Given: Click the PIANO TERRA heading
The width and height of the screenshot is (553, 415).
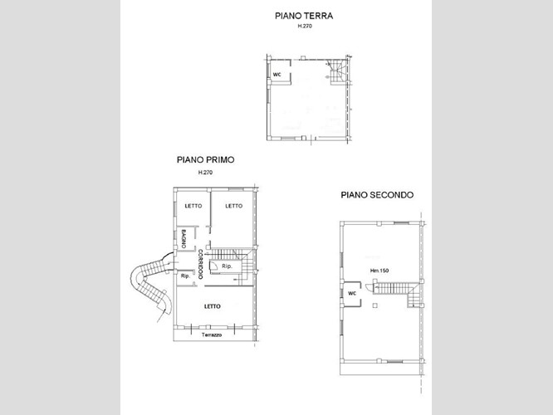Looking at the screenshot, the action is pyautogui.click(x=304, y=16).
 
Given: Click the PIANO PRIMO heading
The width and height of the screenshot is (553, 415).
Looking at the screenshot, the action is pyautogui.click(x=205, y=159).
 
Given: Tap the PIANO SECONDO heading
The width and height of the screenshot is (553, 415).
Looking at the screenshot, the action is pyautogui.click(x=377, y=195).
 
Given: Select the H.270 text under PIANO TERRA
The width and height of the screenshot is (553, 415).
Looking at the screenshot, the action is pyautogui.click(x=305, y=26).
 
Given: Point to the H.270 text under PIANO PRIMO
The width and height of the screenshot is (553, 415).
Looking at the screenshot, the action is pyautogui.click(x=205, y=173).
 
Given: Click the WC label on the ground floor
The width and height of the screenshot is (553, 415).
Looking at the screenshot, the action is pyautogui.click(x=276, y=75).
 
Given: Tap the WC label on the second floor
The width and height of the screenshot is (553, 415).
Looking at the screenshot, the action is pyautogui.click(x=352, y=293).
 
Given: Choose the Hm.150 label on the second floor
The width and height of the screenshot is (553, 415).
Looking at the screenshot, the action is pyautogui.click(x=379, y=271).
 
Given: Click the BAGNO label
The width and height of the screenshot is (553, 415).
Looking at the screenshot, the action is pyautogui.click(x=184, y=238).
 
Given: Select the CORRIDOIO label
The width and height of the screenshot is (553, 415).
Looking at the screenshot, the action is pyautogui.click(x=200, y=264).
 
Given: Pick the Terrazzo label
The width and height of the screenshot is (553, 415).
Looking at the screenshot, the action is pyautogui.click(x=212, y=334).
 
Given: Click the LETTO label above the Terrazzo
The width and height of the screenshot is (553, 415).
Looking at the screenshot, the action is pyautogui.click(x=213, y=306).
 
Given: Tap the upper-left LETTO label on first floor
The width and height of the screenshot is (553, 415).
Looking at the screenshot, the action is pyautogui.click(x=193, y=206).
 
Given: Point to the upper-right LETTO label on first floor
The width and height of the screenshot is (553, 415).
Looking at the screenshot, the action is pyautogui.click(x=234, y=206).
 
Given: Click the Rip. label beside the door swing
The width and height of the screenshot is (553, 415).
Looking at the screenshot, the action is pyautogui.click(x=228, y=266).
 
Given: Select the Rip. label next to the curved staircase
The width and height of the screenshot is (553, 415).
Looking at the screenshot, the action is pyautogui.click(x=185, y=276).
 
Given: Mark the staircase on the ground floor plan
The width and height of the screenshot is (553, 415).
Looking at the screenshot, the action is pyautogui.click(x=337, y=72).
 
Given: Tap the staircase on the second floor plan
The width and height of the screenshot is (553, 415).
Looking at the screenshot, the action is pyautogui.click(x=397, y=293).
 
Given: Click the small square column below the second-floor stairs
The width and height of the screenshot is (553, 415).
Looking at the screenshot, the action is pyautogui.click(x=375, y=305).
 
